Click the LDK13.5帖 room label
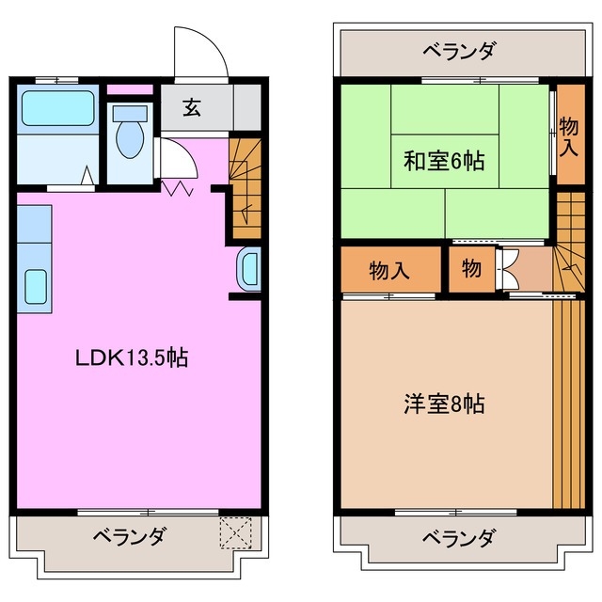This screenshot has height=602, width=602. (132, 357)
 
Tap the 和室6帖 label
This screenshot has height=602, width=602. (444, 161)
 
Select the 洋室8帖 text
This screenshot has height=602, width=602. (444, 404)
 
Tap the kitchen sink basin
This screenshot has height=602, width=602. (35, 285)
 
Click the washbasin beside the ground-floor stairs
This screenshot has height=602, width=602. (248, 271)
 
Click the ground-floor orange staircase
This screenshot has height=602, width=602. (245, 188)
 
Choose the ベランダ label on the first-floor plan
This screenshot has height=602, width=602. (130, 537)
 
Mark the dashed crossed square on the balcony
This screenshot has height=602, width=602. (237, 532)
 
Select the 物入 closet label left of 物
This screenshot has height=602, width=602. (388, 270)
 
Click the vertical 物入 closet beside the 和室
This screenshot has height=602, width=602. (568, 135)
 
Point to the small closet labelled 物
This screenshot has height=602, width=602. (471, 269)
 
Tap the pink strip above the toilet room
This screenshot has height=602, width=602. (130, 90)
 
